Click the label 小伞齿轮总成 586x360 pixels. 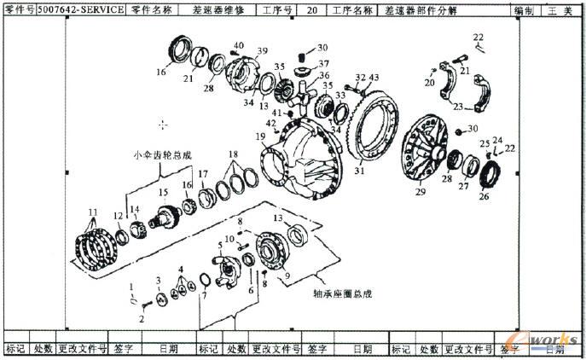coord(162,155)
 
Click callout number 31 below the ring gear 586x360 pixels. coord(359,171)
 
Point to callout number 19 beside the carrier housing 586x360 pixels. coord(260,136)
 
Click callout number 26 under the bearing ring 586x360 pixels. coord(484,196)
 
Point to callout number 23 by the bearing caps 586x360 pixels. coord(458,108)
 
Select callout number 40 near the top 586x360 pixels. coord(238,45)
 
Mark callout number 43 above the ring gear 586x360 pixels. coord(374,78)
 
